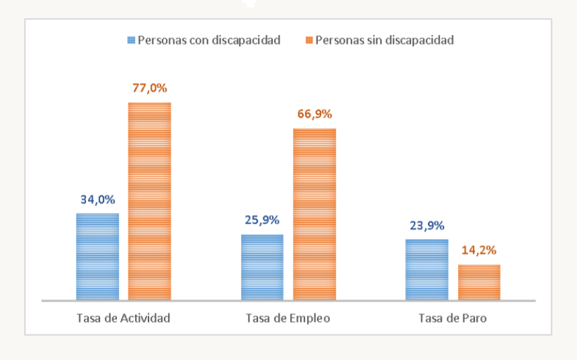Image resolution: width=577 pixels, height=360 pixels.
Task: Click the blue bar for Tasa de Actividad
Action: (97, 257)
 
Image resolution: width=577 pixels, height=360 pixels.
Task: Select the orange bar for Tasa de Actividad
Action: (150, 201)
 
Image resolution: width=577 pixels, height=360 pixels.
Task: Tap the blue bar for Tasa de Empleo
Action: (262, 267)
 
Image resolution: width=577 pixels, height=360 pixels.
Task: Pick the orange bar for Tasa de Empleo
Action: (314, 214)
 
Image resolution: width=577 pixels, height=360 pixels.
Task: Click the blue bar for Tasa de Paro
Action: (427, 269)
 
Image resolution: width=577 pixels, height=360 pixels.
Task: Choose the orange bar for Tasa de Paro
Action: (479, 282)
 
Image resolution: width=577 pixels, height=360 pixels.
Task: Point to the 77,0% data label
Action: (150, 88)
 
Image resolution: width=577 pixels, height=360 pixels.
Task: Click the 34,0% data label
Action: (97, 199)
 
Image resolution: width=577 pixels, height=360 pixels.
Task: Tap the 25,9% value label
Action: (262, 220)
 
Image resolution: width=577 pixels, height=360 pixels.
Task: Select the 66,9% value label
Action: (314, 114)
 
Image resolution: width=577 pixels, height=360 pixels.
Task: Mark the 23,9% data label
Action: (427, 226)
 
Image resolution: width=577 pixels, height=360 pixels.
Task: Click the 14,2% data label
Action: (479, 251)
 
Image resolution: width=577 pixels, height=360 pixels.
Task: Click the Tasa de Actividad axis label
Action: (124, 318)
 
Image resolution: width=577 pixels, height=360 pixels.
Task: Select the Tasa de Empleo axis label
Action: (288, 318)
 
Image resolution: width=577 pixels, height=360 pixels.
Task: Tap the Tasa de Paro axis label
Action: (452, 318)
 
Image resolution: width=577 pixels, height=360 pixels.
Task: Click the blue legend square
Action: (132, 40)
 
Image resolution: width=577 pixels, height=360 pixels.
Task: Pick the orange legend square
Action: (309, 40)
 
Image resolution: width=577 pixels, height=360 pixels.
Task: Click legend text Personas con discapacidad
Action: (209, 40)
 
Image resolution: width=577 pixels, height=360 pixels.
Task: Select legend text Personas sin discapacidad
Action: (384, 40)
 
